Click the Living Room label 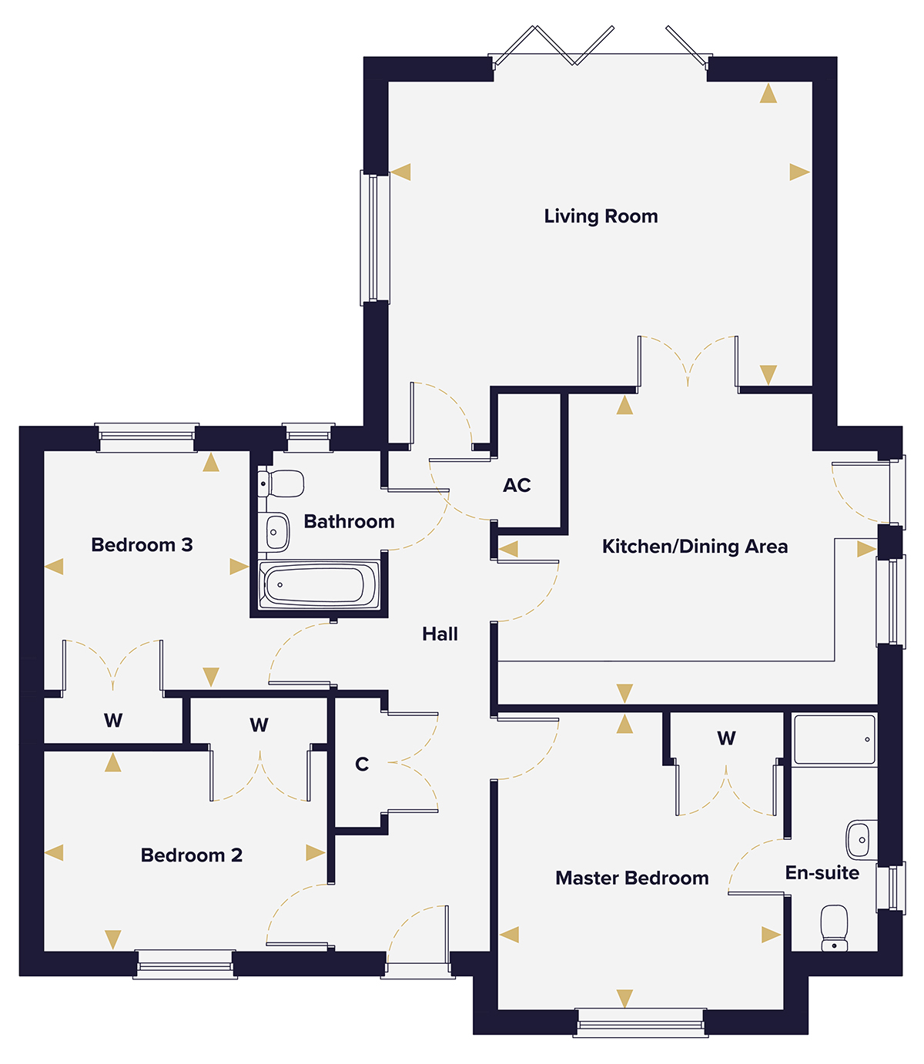coord(601,216)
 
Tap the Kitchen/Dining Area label coord(695,547)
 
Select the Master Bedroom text coord(631,878)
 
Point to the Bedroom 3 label coord(142,545)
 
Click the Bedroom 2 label coord(191,855)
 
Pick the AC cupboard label coord(517,485)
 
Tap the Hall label coord(440,634)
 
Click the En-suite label coord(822,873)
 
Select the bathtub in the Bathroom coord(319,585)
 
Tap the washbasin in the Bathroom coord(275,531)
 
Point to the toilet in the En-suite coord(834,928)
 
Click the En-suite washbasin coord(861,839)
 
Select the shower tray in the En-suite coord(835,740)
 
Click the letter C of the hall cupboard coord(362,765)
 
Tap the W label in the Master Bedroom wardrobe coord(726,739)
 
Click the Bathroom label coord(349,522)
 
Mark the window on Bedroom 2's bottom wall coord(185,964)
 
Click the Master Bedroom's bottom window coord(640,1022)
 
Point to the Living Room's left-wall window coord(375,237)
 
